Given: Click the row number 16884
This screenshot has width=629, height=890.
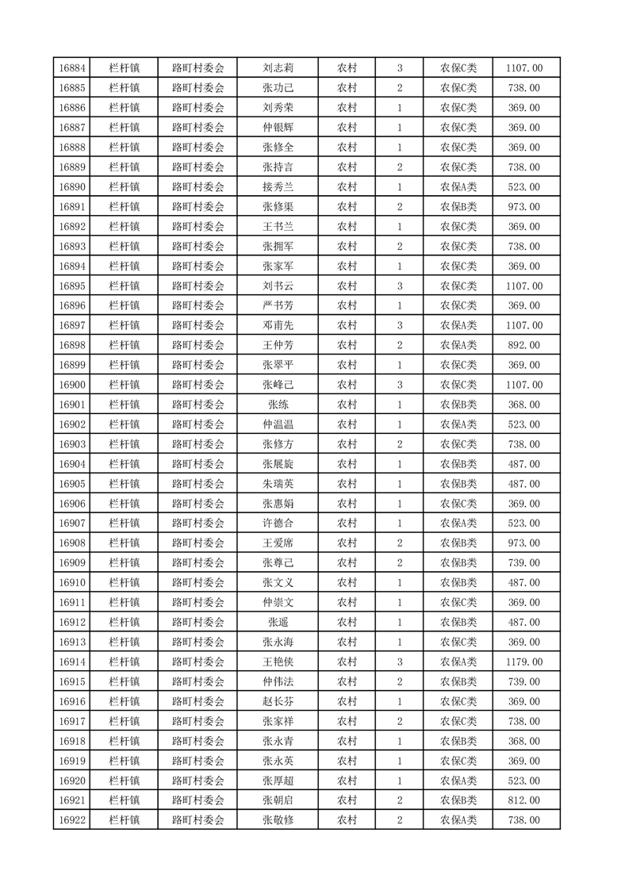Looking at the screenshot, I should tap(71, 68).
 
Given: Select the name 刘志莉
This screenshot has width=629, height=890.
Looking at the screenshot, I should tap(278, 68).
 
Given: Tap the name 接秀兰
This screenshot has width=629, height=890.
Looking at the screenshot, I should tap(278, 187).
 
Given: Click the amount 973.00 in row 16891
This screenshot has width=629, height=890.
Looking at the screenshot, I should tap(524, 207).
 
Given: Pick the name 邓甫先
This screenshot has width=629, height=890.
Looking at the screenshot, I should tap(278, 325).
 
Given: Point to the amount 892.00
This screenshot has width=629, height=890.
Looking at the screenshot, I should tap(524, 345).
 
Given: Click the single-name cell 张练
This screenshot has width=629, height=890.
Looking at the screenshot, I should tap(278, 405).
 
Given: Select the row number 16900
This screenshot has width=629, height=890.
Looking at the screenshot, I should tap(71, 385).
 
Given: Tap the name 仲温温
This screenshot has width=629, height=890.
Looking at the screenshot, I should tap(278, 424).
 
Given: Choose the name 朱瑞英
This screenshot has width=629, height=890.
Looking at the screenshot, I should tap(278, 484).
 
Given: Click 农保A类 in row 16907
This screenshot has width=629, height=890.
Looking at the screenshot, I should tap(458, 524).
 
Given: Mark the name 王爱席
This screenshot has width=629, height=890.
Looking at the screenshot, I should tap(278, 543).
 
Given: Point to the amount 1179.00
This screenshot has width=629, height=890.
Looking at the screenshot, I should tap(524, 662).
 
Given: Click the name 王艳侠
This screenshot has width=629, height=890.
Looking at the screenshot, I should tap(278, 662).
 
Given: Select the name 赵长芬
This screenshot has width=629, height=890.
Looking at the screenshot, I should tap(278, 701).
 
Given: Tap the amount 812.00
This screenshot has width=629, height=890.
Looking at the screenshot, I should tap(524, 800).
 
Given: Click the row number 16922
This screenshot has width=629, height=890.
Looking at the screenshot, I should tap(71, 820).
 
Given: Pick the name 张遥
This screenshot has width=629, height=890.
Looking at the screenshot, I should tap(278, 622).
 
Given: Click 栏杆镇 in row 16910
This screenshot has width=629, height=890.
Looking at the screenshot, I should tap(125, 583).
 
